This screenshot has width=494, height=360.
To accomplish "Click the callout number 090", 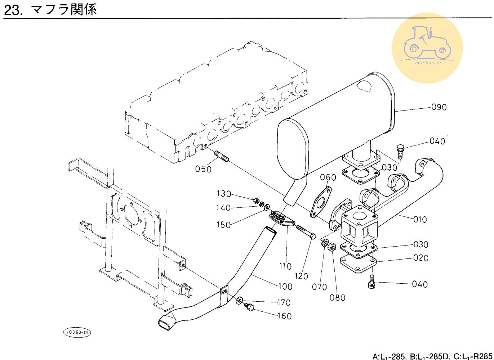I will [x=439, y=107].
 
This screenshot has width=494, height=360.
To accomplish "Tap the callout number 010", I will [x=420, y=219].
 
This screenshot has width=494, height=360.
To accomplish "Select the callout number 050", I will [x=204, y=168].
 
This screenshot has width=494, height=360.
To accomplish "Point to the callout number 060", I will [x=328, y=177].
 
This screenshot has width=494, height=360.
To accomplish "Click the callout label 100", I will [x=285, y=287].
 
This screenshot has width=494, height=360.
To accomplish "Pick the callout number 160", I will [x=284, y=316].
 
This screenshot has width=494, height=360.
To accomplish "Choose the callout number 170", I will [x=284, y=302].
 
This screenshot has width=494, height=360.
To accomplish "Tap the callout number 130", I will [x=224, y=194].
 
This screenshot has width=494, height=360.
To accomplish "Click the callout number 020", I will [x=421, y=258].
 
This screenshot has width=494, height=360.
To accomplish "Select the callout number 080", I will [x=337, y=298].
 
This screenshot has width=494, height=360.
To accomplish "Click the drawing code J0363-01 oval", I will [x=77, y=332].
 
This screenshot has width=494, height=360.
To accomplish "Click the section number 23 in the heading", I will [x=13, y=10].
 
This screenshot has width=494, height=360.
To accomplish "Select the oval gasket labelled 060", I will [x=320, y=202].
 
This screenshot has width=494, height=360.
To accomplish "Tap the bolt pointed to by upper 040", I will [x=400, y=150].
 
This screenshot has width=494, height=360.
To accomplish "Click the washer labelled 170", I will [x=240, y=300].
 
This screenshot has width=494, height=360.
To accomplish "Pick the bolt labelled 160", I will [x=249, y=307].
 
